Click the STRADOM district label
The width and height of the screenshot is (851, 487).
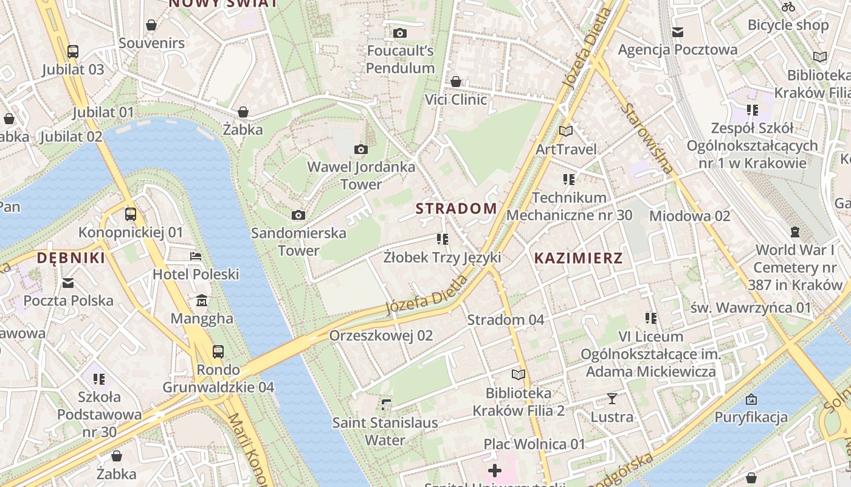[x=457, y=208]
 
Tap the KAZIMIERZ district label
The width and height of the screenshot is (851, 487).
[x=578, y=258]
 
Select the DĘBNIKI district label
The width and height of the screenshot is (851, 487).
[x=71, y=258]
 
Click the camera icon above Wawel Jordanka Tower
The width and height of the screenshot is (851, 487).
[x=360, y=149]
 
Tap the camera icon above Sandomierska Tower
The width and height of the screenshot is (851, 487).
[x=298, y=215]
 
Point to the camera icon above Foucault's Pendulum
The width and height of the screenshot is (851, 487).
[x=399, y=33]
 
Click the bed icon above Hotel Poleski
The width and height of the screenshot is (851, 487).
[x=196, y=256]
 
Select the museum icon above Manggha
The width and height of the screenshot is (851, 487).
[x=202, y=301]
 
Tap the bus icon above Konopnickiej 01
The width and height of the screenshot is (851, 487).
[x=130, y=214]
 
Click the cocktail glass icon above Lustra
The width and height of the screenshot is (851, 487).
[x=612, y=399]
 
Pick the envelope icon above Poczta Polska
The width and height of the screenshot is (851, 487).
[x=68, y=283]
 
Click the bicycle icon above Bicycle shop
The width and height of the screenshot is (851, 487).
[x=788, y=7]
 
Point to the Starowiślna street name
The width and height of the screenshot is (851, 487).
[x=648, y=138]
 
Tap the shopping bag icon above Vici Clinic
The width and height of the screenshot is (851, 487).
[x=456, y=82]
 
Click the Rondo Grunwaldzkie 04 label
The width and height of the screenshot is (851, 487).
[x=218, y=379]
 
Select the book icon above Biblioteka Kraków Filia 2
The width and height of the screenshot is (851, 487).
[x=518, y=375]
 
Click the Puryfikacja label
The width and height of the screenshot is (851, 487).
[x=751, y=418]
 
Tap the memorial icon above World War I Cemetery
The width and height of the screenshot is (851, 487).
[x=795, y=232]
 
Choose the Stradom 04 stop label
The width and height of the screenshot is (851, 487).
[x=505, y=320]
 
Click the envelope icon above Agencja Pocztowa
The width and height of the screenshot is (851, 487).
[x=677, y=32]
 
